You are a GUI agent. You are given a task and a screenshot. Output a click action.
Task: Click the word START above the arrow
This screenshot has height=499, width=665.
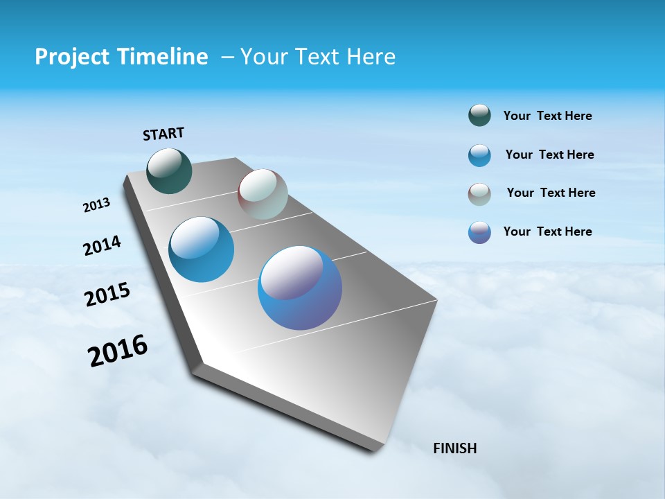click(163, 134)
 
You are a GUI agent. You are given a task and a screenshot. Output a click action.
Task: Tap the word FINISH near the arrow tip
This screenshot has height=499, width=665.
click(454, 448)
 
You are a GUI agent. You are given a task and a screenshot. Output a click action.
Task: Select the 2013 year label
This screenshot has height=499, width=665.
click(96, 205)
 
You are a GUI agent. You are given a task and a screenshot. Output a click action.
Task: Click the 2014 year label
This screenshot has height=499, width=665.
click(102, 246)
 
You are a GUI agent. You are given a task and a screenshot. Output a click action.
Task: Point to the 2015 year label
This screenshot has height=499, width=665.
click(107, 295)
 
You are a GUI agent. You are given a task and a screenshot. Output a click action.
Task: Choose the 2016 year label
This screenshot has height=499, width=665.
click(118, 351)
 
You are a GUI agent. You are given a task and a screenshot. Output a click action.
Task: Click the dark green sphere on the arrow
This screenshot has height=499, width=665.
click(170, 170)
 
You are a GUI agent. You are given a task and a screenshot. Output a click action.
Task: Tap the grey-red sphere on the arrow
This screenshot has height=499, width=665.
click(263, 194)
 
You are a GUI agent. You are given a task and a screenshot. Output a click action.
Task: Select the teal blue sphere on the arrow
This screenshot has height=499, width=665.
click(202, 249)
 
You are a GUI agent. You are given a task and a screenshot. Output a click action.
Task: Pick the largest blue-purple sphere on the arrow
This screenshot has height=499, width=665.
click(300, 288)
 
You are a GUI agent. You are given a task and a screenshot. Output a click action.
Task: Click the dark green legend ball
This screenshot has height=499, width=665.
click(479, 116)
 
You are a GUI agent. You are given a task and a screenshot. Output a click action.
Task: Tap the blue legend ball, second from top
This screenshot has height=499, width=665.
click(479, 155)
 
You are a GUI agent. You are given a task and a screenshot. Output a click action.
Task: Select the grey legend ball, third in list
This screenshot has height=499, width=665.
click(479, 194)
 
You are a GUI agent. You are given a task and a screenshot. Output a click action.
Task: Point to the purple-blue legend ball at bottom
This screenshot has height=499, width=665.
click(479, 232)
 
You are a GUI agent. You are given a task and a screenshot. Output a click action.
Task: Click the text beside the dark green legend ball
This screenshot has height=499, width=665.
click(547, 116)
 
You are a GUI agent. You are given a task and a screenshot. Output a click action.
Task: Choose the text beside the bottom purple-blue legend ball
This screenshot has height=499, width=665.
click(547, 231)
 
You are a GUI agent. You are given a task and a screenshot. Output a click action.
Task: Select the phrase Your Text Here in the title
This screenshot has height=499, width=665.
click(317, 57)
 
